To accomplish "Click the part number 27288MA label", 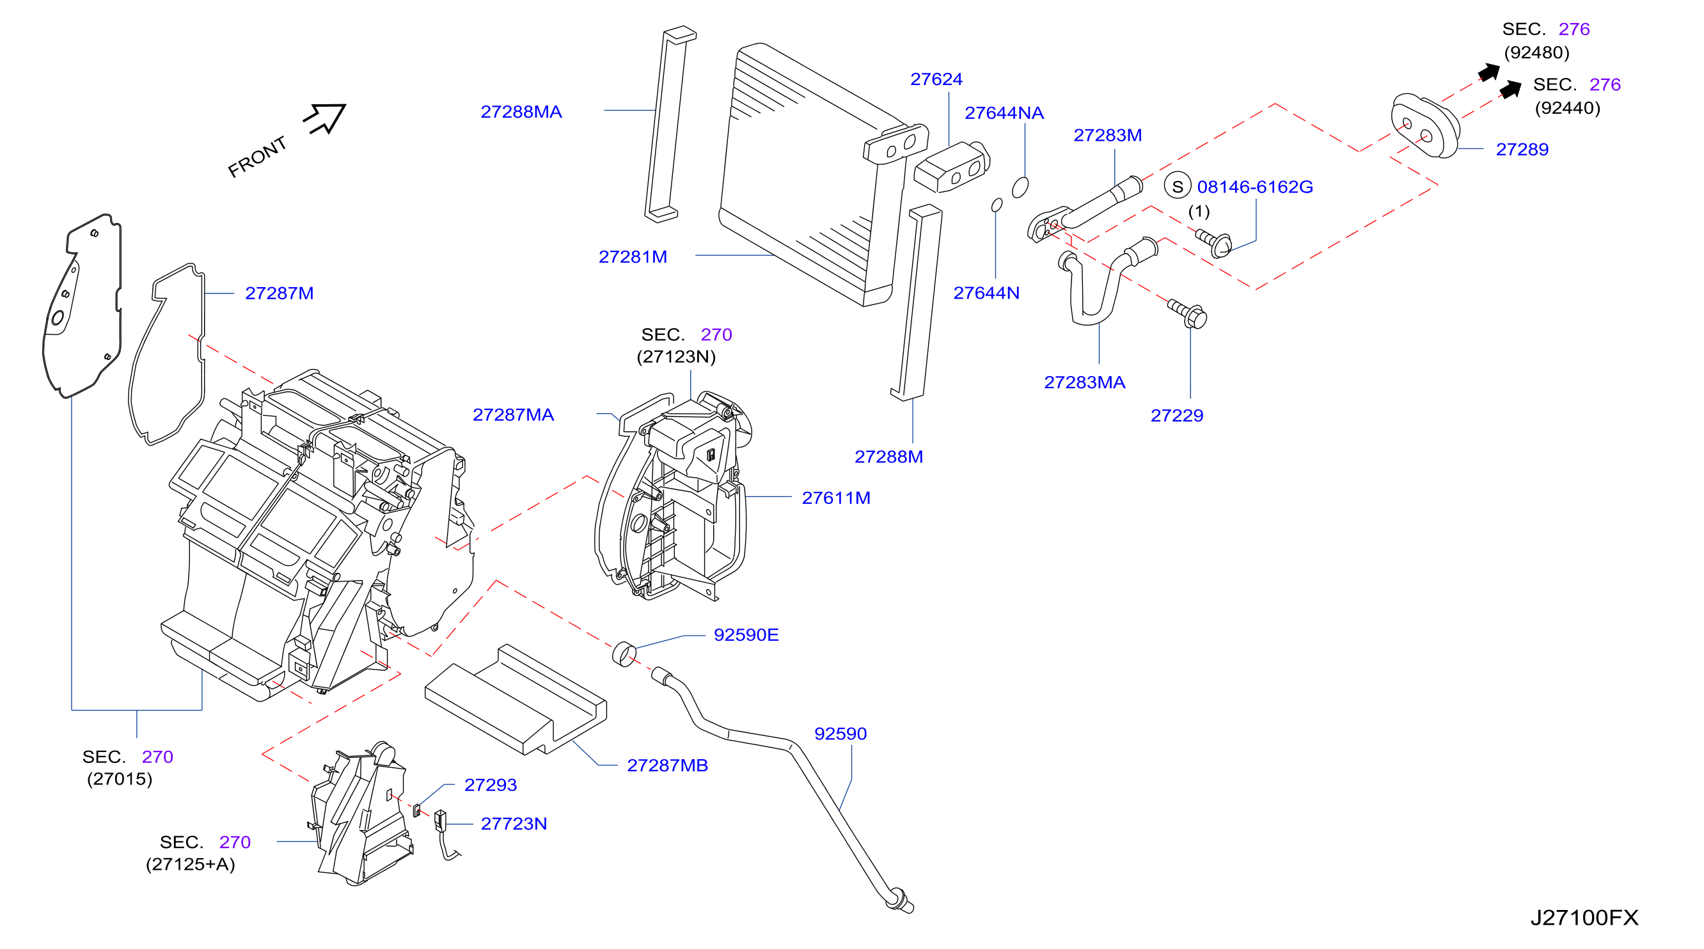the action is coord(521,112).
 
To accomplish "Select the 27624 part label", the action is coord(936,79).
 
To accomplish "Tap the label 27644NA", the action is coord(1004,113).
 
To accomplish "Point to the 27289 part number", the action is coord(1522,150).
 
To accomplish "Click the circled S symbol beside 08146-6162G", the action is coord(1178,187).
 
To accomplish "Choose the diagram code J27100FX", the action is coord(1584,917).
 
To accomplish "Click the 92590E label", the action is coord(746,635).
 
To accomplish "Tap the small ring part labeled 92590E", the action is coord(624,654).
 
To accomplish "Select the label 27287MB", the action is coord(667,765).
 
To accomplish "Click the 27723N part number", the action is coord(514,824).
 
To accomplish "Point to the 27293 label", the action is coord(490,785).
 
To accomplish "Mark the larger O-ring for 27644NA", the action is coord(1020,187).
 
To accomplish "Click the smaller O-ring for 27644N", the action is coord(997,205).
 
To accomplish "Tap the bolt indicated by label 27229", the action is coord(1188,313).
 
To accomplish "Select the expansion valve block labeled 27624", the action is coord(952,167).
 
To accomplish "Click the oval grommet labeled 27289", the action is coord(1426,125).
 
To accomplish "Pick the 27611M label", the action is coord(836,498).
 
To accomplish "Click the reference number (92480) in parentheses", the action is coord(1536,53).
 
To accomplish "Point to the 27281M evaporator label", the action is coord(633,256).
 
